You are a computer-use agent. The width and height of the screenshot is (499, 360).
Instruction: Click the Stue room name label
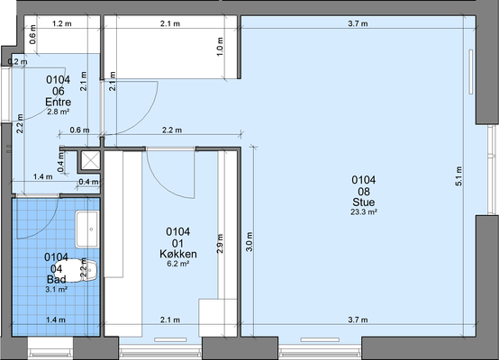(363, 202)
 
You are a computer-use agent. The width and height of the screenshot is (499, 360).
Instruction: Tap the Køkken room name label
(178, 254)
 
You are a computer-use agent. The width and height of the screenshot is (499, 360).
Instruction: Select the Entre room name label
(59, 102)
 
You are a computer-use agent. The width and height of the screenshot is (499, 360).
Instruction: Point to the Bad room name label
(57, 280)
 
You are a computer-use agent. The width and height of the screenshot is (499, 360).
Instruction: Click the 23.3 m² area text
(364, 212)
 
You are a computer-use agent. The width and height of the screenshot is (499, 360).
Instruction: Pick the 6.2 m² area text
(178, 264)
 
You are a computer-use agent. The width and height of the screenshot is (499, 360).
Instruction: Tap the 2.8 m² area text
(59, 112)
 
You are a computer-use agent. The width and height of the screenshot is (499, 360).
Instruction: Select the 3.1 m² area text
(57, 290)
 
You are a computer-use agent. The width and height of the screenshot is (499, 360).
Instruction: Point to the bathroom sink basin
(86, 229)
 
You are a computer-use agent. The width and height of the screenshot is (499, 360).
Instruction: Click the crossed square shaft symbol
(90, 160)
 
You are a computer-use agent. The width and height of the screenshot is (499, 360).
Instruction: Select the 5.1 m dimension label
(458, 175)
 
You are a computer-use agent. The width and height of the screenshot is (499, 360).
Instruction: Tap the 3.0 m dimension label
(249, 242)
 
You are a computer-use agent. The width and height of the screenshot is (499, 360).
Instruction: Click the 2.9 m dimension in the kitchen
(220, 244)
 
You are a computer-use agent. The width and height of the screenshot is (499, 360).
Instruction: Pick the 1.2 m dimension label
(62, 23)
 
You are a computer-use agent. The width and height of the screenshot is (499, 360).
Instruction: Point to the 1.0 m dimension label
(220, 47)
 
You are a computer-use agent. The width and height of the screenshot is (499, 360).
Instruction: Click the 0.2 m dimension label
(17, 62)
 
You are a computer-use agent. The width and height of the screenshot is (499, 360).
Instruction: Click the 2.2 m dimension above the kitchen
(172, 130)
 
